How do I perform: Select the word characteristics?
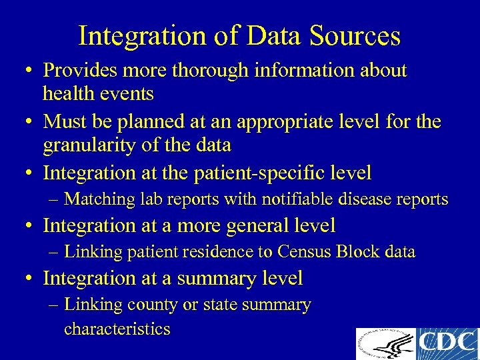coord(117,329)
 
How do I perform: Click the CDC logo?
coord(447,344)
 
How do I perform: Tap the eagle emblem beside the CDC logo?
coord(385,344)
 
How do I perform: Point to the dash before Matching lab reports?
coord(54,199)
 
